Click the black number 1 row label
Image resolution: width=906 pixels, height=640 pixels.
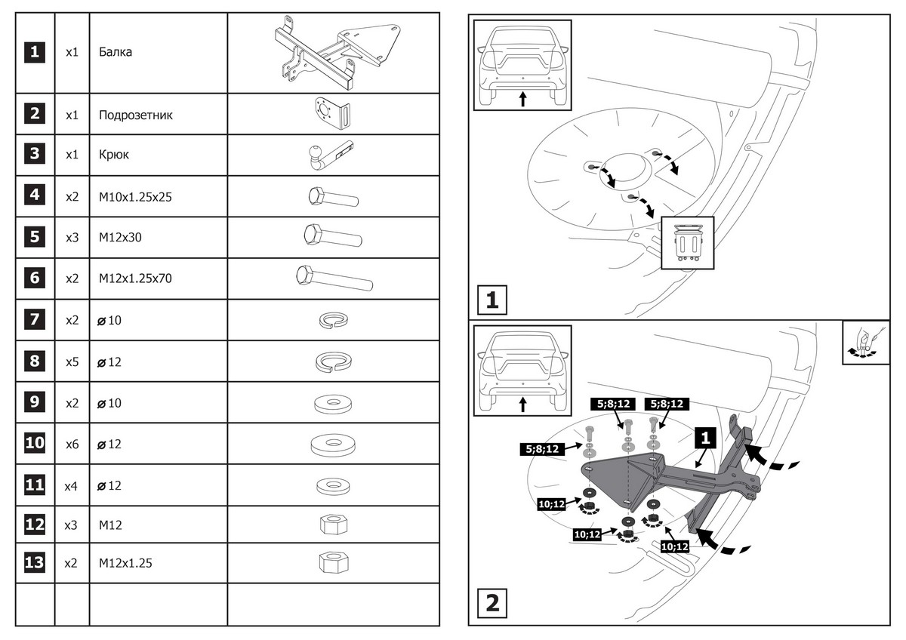35,53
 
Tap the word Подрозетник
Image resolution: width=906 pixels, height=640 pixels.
135,115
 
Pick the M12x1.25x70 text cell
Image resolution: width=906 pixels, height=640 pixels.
136,278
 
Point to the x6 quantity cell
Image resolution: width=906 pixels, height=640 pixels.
72,444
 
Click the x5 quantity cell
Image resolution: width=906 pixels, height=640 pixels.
72,362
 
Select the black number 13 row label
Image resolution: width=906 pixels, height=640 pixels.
35,563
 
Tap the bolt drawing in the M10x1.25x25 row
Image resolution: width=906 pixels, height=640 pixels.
332,198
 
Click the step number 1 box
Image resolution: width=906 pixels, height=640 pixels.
492,300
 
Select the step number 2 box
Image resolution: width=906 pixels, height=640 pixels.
492,603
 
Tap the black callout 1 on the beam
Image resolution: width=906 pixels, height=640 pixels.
704,437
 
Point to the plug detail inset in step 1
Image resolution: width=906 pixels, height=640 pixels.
688,243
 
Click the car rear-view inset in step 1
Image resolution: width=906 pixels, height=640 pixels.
522,66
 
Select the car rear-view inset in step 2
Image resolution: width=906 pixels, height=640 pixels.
522,372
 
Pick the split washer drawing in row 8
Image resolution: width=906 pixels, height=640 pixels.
333,362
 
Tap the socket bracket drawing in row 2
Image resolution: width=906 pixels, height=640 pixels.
332,115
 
